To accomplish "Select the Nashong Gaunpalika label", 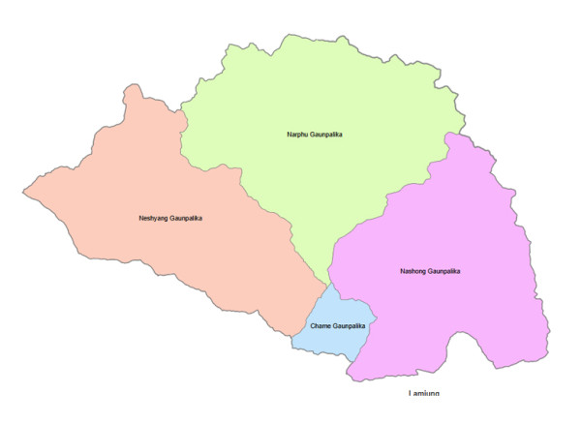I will [430, 271].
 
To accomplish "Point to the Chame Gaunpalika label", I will [337, 326].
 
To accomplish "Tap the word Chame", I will [321, 326].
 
